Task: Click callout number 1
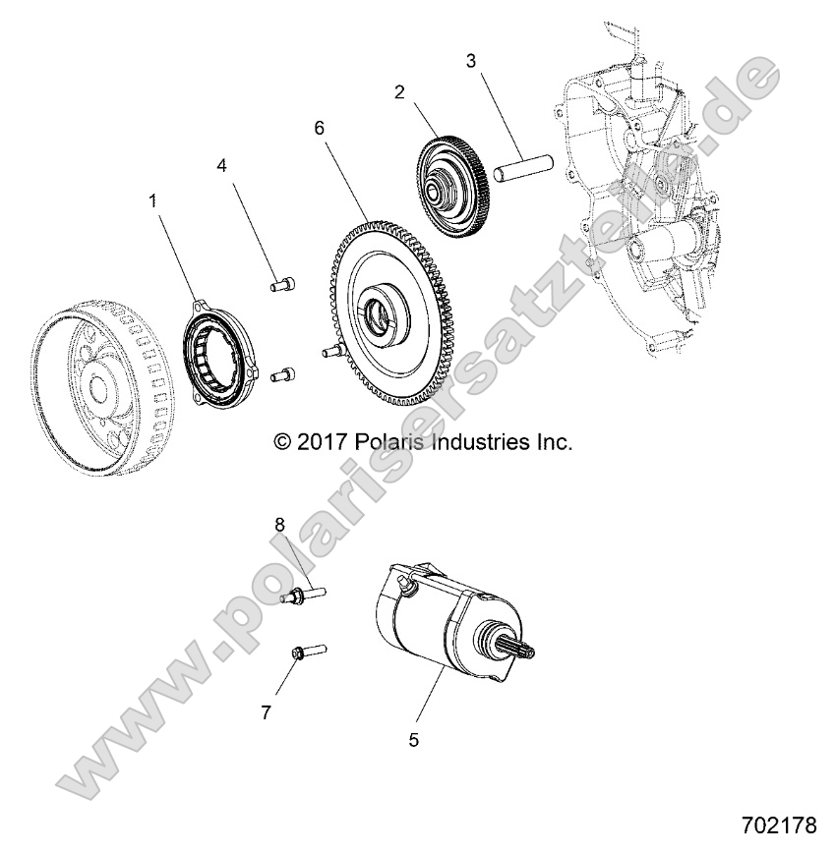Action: pos(152,200)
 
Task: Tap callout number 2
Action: pos(399,92)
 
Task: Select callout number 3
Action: pos(471,61)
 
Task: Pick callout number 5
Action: pos(413,740)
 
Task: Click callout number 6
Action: pos(319,128)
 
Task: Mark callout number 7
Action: pos(266,712)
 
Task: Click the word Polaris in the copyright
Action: pos(383,442)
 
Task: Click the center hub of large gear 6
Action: pos(380,318)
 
